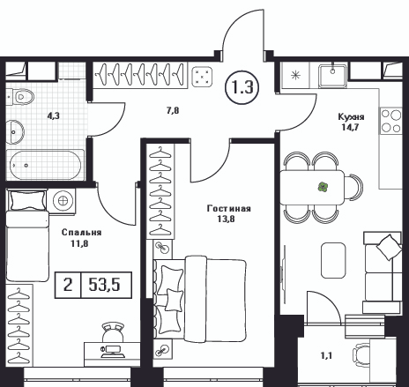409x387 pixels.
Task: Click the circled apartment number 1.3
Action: click(242, 87)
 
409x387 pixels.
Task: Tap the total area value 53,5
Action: click(104, 285)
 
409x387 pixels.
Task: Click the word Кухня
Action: click(351, 116)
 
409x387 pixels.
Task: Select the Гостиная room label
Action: click(229, 208)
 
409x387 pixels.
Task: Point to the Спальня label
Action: click(81, 233)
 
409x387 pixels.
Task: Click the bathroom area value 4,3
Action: click(54, 115)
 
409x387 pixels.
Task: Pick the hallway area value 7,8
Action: click(173, 110)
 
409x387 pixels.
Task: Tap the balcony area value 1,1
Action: click(326, 356)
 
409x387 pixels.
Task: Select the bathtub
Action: click(45, 165)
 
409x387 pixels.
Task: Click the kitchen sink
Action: click(332, 77)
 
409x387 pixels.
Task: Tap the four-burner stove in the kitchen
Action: click(390, 121)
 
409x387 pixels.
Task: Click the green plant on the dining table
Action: click(323, 187)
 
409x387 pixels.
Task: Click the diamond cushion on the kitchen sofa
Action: click(389, 247)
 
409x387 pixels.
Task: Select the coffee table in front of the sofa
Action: click(333, 260)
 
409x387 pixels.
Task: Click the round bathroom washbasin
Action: click(15, 132)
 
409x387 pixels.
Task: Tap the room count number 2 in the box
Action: click(68, 285)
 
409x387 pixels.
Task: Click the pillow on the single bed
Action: click(28, 200)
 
